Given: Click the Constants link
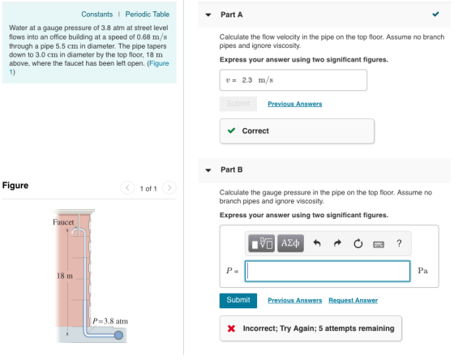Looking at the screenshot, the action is pyautogui.click(x=96, y=15).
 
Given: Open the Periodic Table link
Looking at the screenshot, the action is pyautogui.click(x=147, y=15).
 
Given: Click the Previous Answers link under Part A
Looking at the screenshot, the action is pyautogui.click(x=295, y=104).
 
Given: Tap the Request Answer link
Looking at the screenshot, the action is pyautogui.click(x=353, y=300).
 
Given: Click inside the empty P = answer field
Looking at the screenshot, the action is pyautogui.click(x=328, y=271).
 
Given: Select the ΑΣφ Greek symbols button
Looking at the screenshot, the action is pyautogui.click(x=290, y=243).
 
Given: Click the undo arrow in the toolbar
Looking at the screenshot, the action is pyautogui.click(x=317, y=243).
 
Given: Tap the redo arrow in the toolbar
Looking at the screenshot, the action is pyautogui.click(x=337, y=243).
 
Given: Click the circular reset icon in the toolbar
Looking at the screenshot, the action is pyautogui.click(x=358, y=243).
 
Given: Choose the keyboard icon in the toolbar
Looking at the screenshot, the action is pyautogui.click(x=379, y=245).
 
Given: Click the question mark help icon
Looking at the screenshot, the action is pyautogui.click(x=399, y=243).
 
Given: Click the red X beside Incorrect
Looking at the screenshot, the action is pyautogui.click(x=231, y=328).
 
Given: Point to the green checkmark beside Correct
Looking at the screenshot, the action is pyautogui.click(x=231, y=131).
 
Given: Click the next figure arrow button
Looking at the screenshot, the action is pyautogui.click(x=169, y=187).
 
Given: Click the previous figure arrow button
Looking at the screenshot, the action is pyautogui.click(x=127, y=187).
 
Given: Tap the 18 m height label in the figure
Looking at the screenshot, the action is pyautogui.click(x=65, y=276).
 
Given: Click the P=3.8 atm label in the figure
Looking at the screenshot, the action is pyautogui.click(x=110, y=321).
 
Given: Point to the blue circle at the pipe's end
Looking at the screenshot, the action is pyautogui.click(x=118, y=335).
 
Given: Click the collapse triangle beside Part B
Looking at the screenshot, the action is pyautogui.click(x=208, y=170).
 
